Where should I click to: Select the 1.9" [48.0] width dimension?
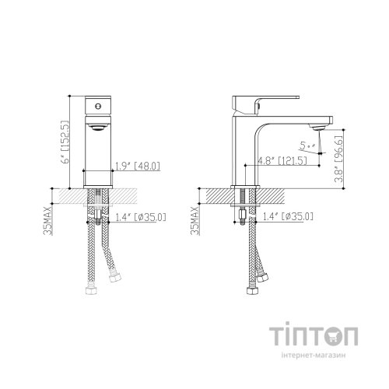[x=138, y=165]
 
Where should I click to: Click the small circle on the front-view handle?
[x=97, y=104]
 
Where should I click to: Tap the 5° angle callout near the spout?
[x=306, y=144]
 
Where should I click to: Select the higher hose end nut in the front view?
[x=117, y=279]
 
